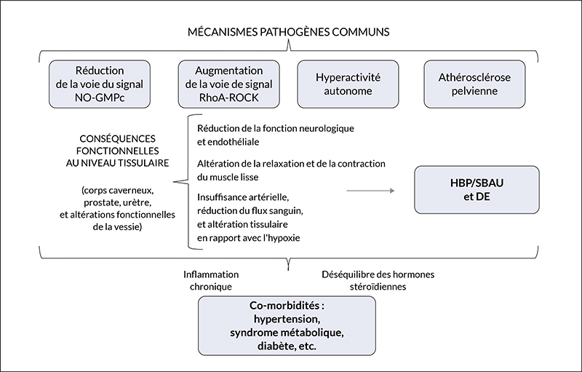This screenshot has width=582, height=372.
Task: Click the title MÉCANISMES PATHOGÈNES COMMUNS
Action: click(x=288, y=32)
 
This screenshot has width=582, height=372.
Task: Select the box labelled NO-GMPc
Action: click(x=100, y=84)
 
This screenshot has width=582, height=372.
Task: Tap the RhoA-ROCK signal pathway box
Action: click(x=228, y=84)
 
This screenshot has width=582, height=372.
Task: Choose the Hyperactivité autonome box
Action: click(x=348, y=84)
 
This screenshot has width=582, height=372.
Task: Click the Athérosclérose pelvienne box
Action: click(x=474, y=84)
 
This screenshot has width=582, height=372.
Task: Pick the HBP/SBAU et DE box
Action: click(x=477, y=190)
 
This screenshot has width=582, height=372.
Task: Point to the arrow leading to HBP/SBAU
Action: click(x=370, y=191)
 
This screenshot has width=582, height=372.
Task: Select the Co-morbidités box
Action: click(x=287, y=325)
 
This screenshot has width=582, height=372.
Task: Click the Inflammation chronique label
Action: click(x=211, y=281)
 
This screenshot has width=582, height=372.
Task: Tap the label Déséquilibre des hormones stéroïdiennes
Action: click(x=378, y=281)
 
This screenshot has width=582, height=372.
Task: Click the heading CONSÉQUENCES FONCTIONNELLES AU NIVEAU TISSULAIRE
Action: click(x=117, y=151)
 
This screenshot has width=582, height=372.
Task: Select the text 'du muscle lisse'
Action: click(x=228, y=177)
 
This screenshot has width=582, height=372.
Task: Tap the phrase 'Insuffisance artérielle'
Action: click(x=243, y=197)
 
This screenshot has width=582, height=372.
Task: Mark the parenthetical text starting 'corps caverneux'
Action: click(x=117, y=209)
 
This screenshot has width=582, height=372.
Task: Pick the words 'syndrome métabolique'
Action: click(x=286, y=333)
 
